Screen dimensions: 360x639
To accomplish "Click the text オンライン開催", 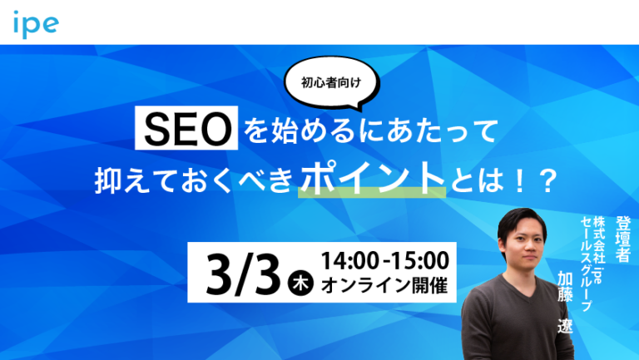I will (378, 285).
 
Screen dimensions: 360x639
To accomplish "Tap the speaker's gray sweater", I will (520, 324).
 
